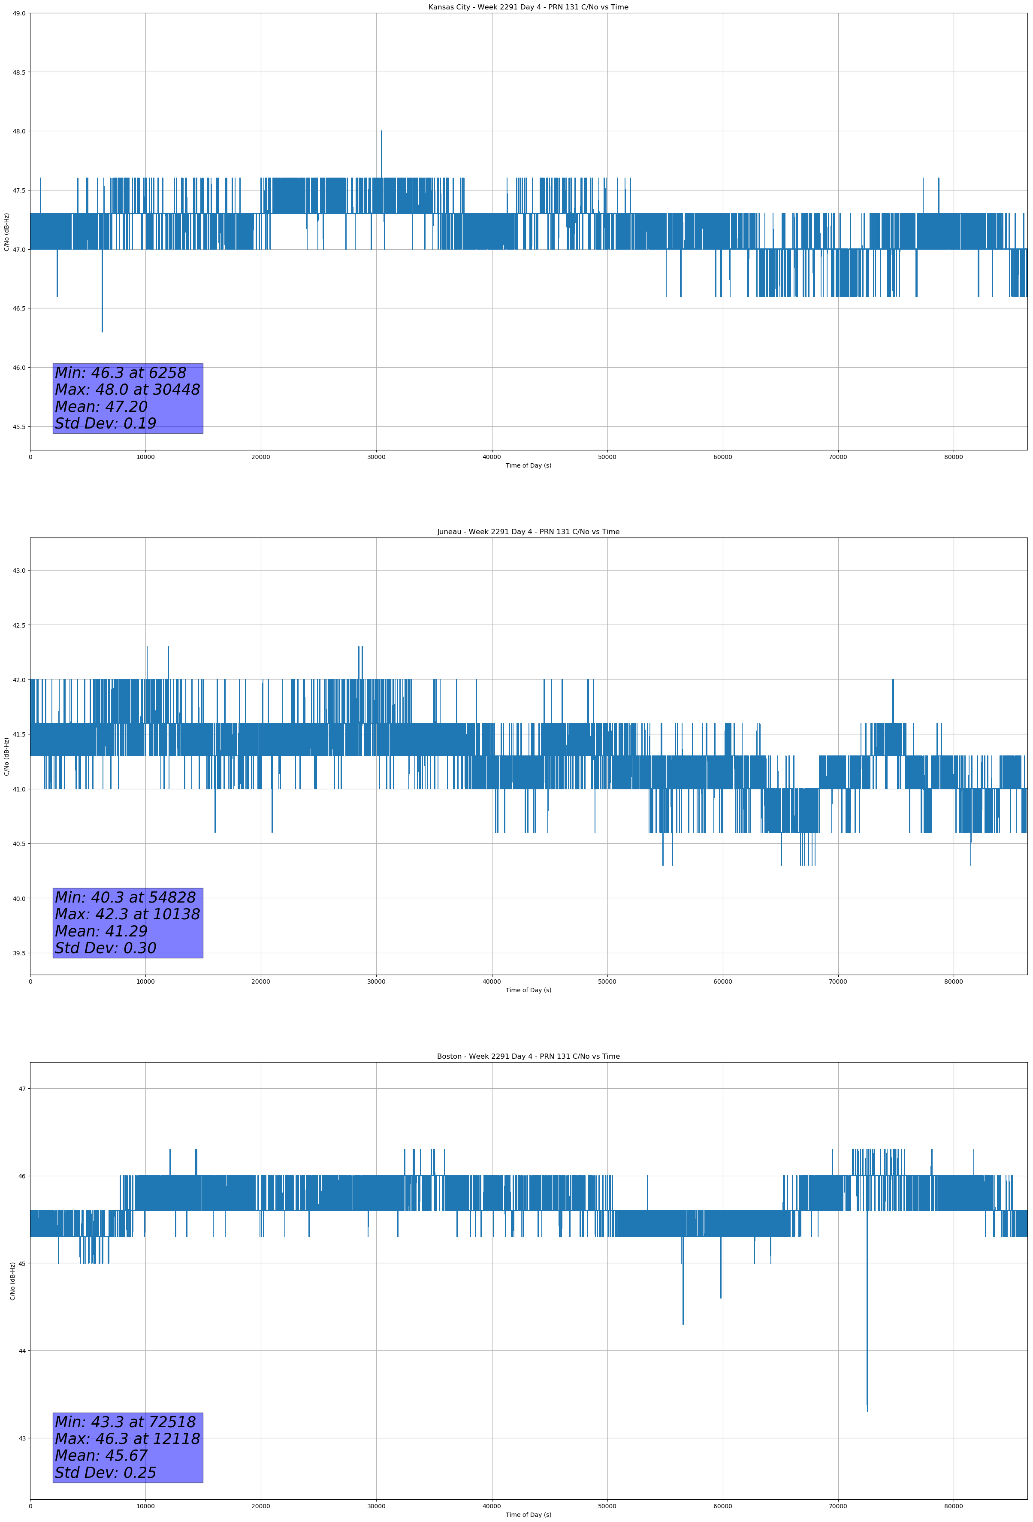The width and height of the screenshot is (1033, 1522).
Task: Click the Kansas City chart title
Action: pos(528,7)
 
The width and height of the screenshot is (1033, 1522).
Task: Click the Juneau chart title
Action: pos(528,532)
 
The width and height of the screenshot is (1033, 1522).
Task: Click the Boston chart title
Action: pos(528,1057)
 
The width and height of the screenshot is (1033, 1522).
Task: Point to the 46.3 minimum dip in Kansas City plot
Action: pos(102,330)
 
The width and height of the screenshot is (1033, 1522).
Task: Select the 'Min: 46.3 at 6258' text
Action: pos(121,373)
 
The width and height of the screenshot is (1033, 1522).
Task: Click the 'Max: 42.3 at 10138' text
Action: pos(127,914)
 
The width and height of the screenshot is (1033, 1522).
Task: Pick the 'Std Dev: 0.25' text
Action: pos(106,1472)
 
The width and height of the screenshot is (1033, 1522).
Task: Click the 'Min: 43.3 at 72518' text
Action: pos(125,1422)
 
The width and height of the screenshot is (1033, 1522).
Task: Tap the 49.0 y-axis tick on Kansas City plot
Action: pos(19,13)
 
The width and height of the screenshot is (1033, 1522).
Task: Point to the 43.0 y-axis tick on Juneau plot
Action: pos(19,571)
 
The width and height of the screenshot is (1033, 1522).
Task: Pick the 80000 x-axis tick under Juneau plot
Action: pos(953,981)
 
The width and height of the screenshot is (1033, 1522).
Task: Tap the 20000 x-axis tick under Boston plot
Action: pos(261,1506)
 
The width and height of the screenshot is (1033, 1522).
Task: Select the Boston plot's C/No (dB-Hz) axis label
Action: pos(12,1280)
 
